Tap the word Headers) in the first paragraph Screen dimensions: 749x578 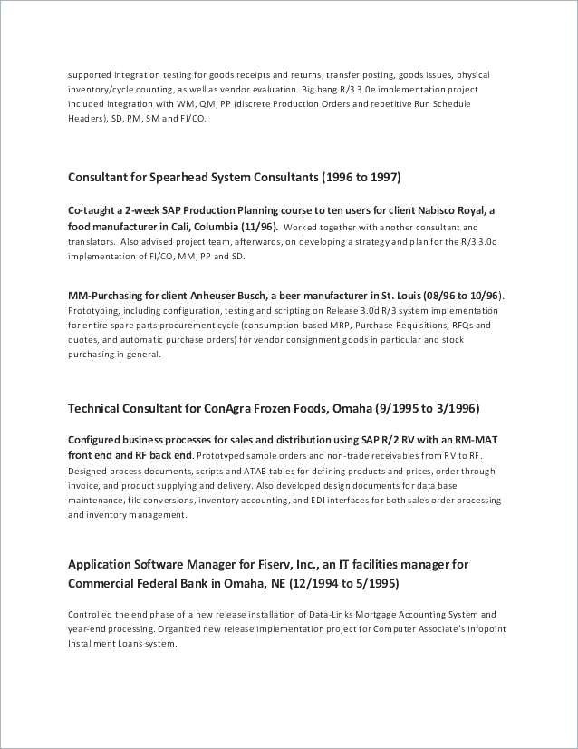coord(88,119)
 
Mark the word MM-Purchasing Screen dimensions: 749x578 coord(108,296)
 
